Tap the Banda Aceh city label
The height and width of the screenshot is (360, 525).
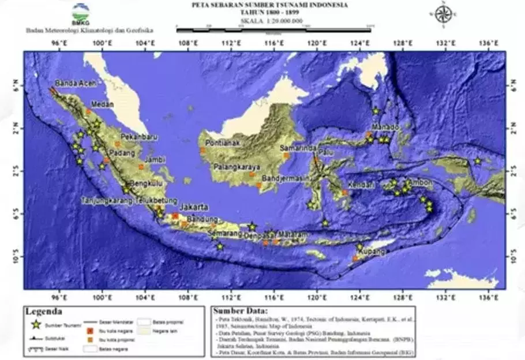pos(74,83)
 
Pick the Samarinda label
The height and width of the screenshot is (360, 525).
pos(298,148)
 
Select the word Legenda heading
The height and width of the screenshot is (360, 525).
pos(44,312)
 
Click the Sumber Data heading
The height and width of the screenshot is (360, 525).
pos(238,312)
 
